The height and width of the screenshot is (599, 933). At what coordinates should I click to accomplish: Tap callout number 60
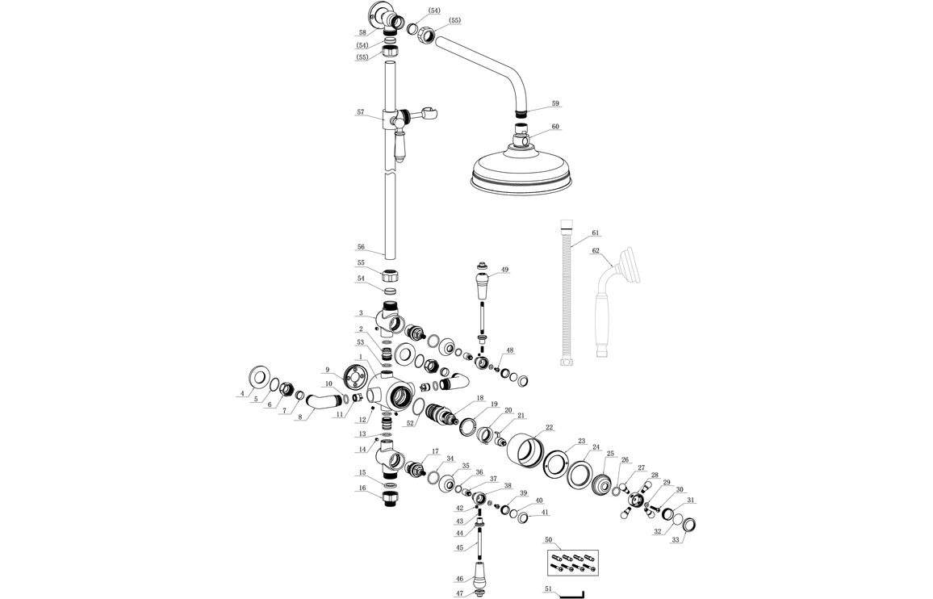click(x=555, y=127)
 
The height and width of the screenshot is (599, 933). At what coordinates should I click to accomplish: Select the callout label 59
click(x=555, y=104)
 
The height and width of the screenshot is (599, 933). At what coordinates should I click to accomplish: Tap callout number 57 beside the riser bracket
click(x=361, y=113)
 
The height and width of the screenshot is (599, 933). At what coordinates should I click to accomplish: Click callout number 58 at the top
click(x=362, y=33)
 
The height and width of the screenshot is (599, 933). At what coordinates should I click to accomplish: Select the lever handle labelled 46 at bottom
click(x=480, y=574)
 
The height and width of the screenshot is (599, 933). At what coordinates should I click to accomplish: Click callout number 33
click(x=676, y=539)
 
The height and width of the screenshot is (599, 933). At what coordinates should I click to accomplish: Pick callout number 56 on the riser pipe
click(x=362, y=248)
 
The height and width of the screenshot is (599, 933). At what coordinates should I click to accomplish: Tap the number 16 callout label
click(x=362, y=488)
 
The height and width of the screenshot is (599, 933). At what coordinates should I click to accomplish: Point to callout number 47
click(x=458, y=593)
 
